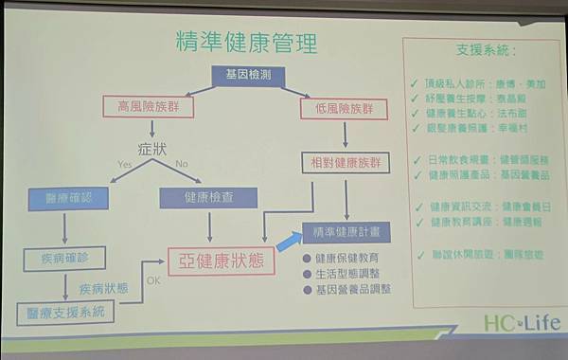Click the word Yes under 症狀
[125, 164]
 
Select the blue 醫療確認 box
[64, 199]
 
